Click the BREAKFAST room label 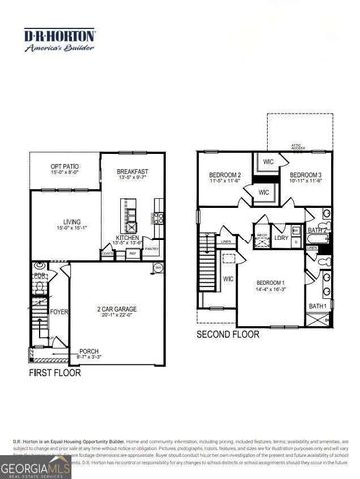coord(132,171)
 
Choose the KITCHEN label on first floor coord(128,236)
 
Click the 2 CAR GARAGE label coord(117,309)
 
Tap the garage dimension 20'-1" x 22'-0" coord(117,317)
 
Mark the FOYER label coord(59,310)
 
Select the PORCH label coord(89,350)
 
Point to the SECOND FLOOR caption coord(227,335)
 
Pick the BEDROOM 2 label coord(227,175)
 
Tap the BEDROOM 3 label coord(306,175)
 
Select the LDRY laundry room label coord(282,238)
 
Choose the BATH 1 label coord(318,306)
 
